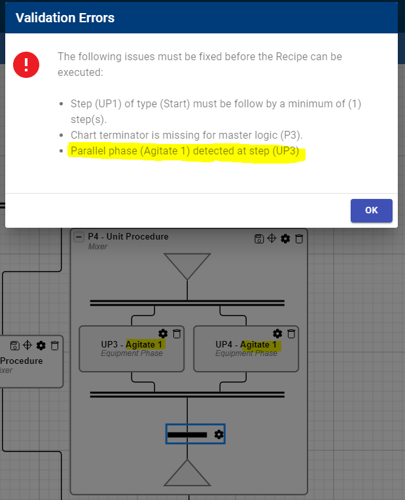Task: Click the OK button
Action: pyautogui.click(x=371, y=211)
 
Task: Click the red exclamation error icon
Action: pyautogui.click(x=26, y=65)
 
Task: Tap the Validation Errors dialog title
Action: pyautogui.click(x=65, y=18)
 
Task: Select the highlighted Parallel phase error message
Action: pyautogui.click(x=185, y=151)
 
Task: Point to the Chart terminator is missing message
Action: pyautogui.click(x=186, y=135)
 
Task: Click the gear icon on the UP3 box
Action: pyautogui.click(x=163, y=334)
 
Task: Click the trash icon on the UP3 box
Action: pyautogui.click(x=177, y=334)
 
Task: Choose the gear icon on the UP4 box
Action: pyautogui.click(x=277, y=334)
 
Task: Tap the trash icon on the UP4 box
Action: pyautogui.click(x=291, y=334)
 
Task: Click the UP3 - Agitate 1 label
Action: pyautogui.click(x=132, y=344)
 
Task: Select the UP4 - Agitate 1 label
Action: pyautogui.click(x=246, y=344)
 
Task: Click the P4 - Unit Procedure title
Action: pyautogui.click(x=128, y=237)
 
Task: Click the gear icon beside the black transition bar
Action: pyautogui.click(x=219, y=435)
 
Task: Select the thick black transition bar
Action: pyautogui.click(x=187, y=435)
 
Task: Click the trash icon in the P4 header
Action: pyautogui.click(x=299, y=238)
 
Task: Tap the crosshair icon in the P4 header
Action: pyautogui.click(x=272, y=238)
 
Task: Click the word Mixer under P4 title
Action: pyautogui.click(x=97, y=247)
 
